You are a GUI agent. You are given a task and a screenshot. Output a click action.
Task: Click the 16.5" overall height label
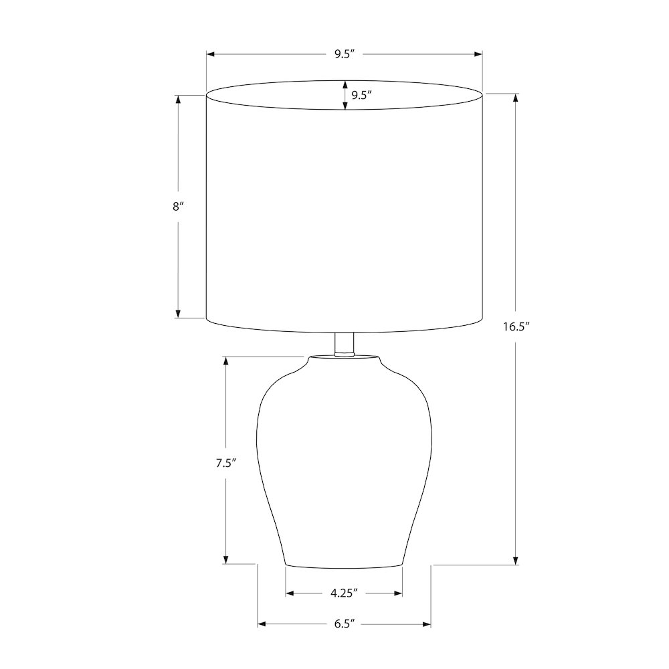click(516, 327)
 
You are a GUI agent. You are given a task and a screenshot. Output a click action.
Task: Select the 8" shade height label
click(178, 207)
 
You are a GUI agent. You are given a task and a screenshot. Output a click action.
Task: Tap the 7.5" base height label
click(225, 464)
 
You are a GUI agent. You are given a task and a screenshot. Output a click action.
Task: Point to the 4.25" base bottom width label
click(343, 593)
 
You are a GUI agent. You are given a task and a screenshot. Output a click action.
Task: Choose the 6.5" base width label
click(345, 624)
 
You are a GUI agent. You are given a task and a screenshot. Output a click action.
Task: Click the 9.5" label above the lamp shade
click(345, 54)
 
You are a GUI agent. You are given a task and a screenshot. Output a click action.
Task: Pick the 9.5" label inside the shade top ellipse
click(362, 95)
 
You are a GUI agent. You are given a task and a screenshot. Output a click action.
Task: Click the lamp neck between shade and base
click(345, 344)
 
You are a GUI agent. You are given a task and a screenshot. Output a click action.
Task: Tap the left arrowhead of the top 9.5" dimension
click(211, 54)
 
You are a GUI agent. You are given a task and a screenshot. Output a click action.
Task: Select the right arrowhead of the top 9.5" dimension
click(478, 54)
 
